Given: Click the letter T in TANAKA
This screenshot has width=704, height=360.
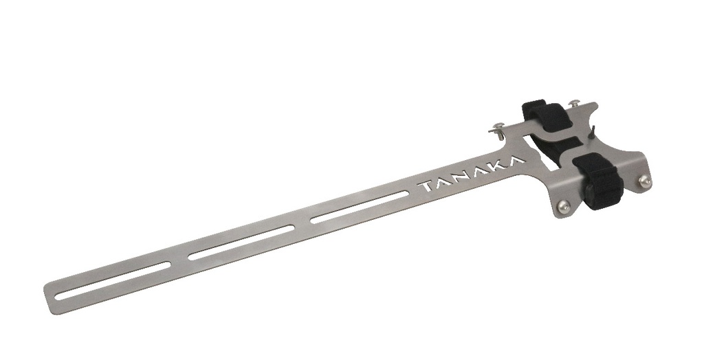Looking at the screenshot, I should click(426, 186).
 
